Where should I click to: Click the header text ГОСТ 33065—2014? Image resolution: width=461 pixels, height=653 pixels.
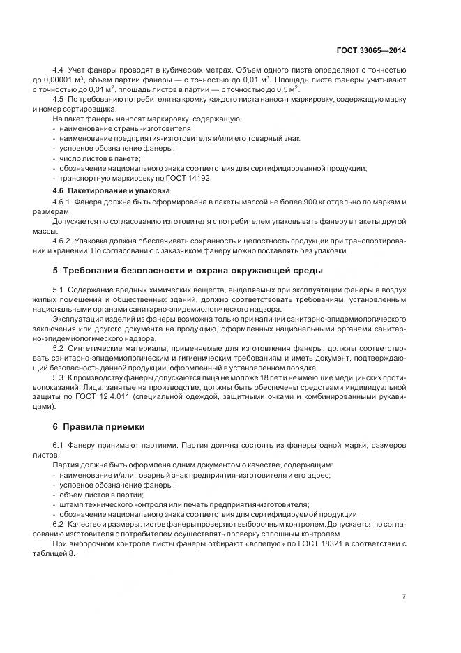click(x=372, y=50)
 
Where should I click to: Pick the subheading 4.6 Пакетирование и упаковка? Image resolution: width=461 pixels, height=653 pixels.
click(x=110, y=190)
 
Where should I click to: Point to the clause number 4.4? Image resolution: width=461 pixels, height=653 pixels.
click(x=59, y=70)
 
